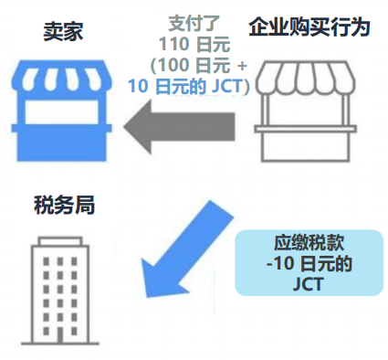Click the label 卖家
point(64,28)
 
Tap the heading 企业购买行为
point(309,27)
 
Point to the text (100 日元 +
point(191,66)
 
